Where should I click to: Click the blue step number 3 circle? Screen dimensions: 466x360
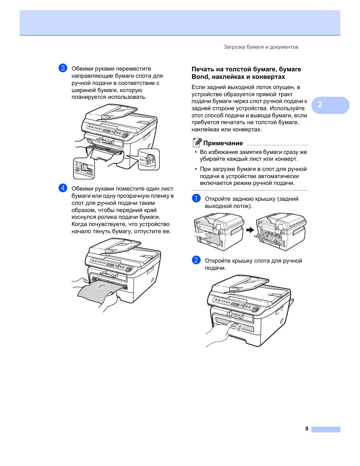click(63, 68)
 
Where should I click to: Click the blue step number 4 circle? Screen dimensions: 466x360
click(63, 188)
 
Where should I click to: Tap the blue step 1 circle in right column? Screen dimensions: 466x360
click(196, 198)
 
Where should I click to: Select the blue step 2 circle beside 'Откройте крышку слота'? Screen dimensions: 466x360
click(196, 260)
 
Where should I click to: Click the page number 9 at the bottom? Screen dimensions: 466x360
click(307, 429)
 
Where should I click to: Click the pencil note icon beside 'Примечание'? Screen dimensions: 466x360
click(197, 143)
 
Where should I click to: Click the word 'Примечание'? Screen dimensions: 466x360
click(223, 143)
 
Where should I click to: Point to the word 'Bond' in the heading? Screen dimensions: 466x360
click(200, 77)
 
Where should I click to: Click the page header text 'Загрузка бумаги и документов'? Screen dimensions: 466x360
click(261, 47)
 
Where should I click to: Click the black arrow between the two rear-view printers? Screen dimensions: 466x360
click(250, 230)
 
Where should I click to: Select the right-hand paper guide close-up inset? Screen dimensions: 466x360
click(149, 159)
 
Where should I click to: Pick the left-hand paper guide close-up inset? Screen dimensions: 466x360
click(84, 168)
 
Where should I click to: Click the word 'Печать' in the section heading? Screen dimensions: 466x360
click(203, 69)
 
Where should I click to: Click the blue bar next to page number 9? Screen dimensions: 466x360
click(326, 429)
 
